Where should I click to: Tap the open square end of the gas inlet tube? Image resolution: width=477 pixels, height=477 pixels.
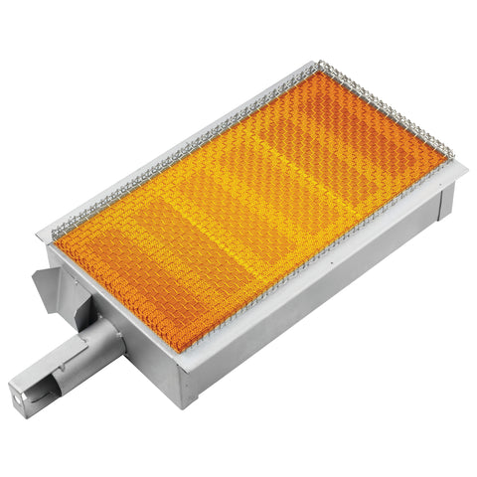(23, 390)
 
